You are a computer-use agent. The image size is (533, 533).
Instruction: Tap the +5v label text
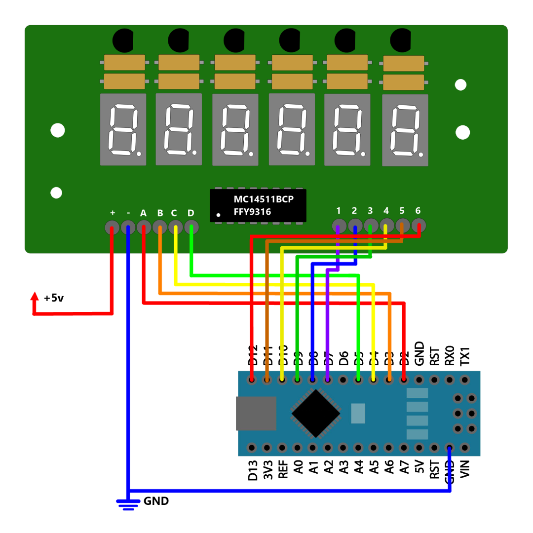[x=54, y=298]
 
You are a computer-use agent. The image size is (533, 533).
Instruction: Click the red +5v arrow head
[x=34, y=296]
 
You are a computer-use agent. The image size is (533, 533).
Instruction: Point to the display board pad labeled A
[x=144, y=228]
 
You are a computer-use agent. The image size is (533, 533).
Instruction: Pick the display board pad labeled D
[x=191, y=228]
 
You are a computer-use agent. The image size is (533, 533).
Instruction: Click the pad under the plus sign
[x=112, y=228]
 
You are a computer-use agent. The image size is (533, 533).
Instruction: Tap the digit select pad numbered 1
[x=338, y=227]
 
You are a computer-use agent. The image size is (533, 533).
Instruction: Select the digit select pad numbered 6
[x=419, y=227]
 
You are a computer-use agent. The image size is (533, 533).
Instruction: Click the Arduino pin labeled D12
[x=252, y=380]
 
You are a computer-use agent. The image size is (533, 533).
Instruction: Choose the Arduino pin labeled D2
[x=404, y=380]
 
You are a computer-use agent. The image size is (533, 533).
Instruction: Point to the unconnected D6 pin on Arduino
[x=343, y=380]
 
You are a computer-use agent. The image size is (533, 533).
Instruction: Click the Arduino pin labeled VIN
[x=464, y=448]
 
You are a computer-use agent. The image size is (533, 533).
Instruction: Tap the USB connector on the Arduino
[x=256, y=413]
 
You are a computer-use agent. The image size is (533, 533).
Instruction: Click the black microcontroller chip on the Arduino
[x=316, y=413]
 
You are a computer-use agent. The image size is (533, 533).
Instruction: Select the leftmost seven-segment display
[x=123, y=129]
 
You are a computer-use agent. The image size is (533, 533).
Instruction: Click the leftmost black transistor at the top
[x=123, y=40]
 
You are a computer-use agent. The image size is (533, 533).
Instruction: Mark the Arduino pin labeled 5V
[x=419, y=448]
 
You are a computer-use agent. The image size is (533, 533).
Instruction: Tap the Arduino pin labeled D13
[x=252, y=448]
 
